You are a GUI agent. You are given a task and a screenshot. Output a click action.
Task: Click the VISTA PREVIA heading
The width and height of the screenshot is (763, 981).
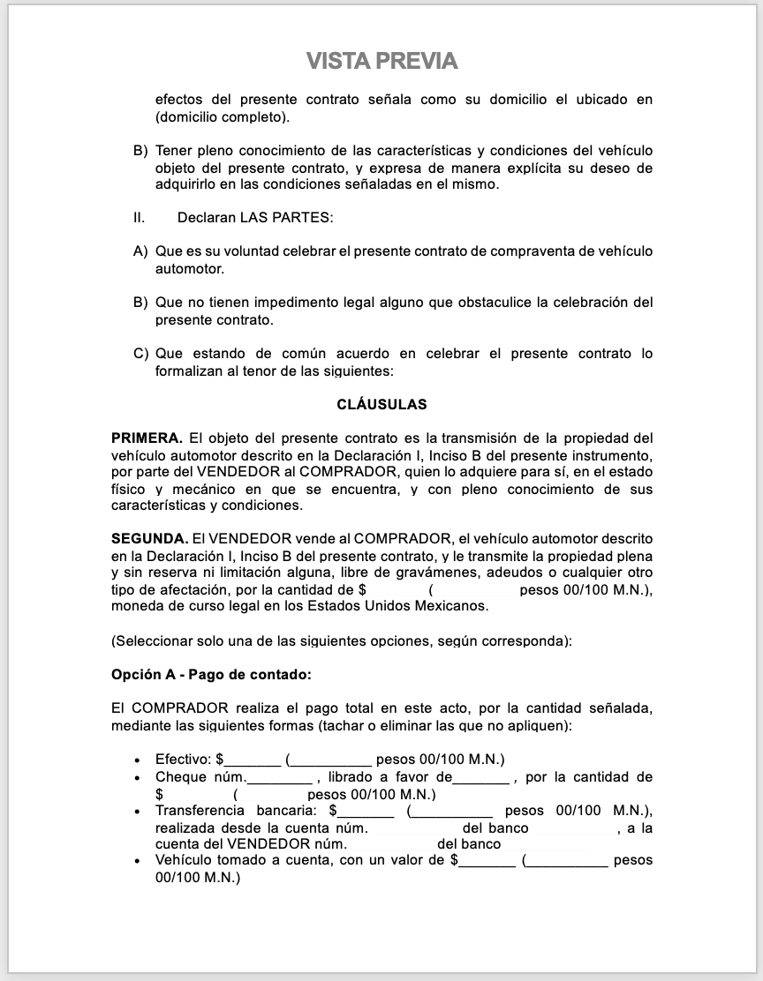pos(381,61)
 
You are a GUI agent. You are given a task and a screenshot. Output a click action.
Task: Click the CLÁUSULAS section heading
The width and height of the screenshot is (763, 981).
pos(381,405)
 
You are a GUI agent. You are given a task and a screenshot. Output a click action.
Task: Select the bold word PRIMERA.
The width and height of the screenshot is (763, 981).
pos(147,438)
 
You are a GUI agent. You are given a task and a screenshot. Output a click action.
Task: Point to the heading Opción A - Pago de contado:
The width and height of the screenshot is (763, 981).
pos(211,675)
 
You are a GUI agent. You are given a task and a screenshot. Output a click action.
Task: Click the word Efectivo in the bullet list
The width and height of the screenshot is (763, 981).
pos(183,760)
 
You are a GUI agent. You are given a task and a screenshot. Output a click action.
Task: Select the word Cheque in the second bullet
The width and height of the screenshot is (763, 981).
pos(181,777)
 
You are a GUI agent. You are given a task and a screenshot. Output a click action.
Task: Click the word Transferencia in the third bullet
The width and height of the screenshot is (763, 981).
pos(200,811)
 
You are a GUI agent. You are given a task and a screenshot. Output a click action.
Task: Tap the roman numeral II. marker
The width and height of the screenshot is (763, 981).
pos(140,217)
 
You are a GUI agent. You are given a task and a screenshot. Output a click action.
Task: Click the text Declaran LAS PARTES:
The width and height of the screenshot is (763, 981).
pos(255,217)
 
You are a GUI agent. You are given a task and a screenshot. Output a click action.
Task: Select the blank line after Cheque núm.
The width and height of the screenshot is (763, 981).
pos(280,779)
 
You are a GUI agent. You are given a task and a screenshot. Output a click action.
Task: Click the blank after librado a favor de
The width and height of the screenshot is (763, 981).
pos(480,779)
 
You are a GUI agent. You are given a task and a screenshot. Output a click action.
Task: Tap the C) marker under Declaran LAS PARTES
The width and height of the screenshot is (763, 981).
pos(140,354)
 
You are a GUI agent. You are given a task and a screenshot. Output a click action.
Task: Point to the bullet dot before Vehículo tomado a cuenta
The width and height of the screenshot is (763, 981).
pos(137,861)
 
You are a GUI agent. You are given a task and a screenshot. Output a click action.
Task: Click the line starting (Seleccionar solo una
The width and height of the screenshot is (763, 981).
pos(341,641)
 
